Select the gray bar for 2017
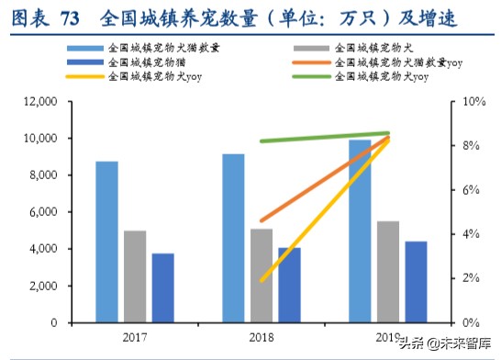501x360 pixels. [135, 276]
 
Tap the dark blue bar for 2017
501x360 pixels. [163, 287]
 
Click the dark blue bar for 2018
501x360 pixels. [289, 285]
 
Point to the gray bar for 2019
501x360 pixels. [388, 271]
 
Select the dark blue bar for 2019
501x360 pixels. [417, 281]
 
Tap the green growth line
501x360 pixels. [321, 137]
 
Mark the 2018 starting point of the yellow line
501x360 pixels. [262, 279]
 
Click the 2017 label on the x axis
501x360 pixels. [135, 336]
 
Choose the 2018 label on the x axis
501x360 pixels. [262, 336]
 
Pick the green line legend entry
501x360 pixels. [386, 77]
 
